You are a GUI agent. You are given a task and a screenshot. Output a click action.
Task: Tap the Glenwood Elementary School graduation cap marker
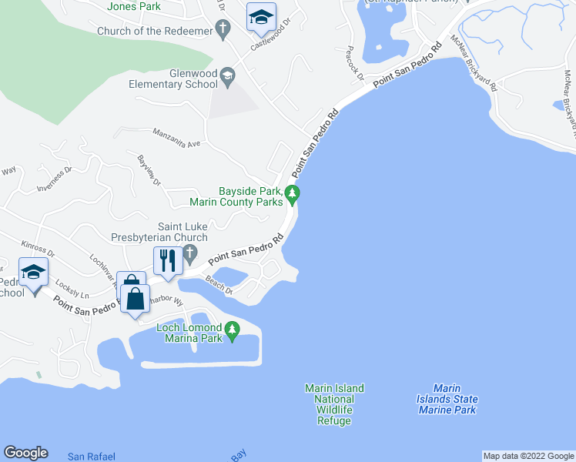(x=228, y=75)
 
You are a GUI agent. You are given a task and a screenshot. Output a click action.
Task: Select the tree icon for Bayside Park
(x=293, y=193)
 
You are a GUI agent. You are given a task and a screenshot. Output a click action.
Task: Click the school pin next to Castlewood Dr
(x=261, y=17)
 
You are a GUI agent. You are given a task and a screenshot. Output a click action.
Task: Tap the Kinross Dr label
(x=39, y=247)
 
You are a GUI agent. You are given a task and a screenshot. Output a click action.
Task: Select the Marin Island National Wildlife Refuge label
(x=334, y=404)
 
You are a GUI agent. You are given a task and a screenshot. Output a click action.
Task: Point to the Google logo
(x=25, y=454)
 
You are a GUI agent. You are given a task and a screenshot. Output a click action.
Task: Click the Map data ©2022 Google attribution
(x=528, y=456)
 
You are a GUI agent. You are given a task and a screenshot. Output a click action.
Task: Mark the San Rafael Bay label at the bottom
(x=91, y=456)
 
